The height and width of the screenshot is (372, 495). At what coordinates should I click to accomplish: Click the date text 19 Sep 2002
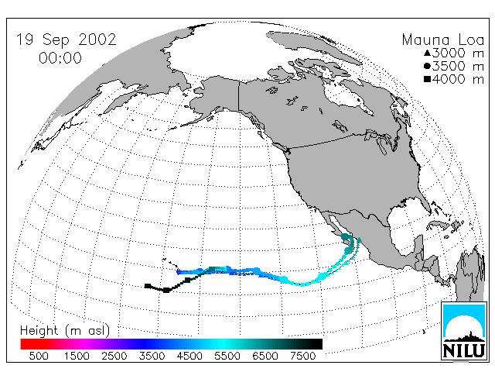coord(67,40)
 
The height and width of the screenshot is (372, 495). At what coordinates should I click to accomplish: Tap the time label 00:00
coord(60,58)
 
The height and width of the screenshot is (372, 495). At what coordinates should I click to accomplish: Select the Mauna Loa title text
coord(443,40)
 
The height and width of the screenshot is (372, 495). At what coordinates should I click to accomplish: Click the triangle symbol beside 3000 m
coord(427,53)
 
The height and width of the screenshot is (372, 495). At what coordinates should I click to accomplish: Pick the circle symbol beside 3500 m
coord(427,66)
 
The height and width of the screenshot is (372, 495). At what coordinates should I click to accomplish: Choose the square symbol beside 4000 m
coord(427,79)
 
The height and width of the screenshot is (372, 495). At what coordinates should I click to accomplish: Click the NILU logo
coord(463,331)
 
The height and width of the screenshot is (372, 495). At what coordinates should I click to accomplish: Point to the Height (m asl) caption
coord(65,330)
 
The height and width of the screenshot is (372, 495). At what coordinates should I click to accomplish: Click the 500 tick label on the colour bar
coord(39,356)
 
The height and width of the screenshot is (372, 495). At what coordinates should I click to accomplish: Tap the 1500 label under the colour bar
coord(77,356)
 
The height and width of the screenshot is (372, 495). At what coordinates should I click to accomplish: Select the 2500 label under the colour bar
coord(114,356)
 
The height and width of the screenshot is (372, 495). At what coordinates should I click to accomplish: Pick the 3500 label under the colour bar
coord(152,356)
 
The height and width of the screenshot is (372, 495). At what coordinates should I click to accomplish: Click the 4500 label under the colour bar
coord(189,356)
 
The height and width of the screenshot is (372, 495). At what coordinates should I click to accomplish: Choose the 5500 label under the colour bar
coord(227,356)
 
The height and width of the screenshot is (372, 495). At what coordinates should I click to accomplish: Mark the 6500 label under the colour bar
coord(265,356)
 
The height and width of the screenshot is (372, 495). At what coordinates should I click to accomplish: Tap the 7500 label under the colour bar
coord(302,356)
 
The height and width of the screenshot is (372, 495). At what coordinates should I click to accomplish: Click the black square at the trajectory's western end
coord(148,286)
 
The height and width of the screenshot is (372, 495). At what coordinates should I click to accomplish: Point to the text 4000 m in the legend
coord(458,79)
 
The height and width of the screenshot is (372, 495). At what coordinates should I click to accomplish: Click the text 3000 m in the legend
coord(458,53)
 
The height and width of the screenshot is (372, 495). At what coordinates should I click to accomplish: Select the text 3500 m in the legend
coord(458,66)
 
